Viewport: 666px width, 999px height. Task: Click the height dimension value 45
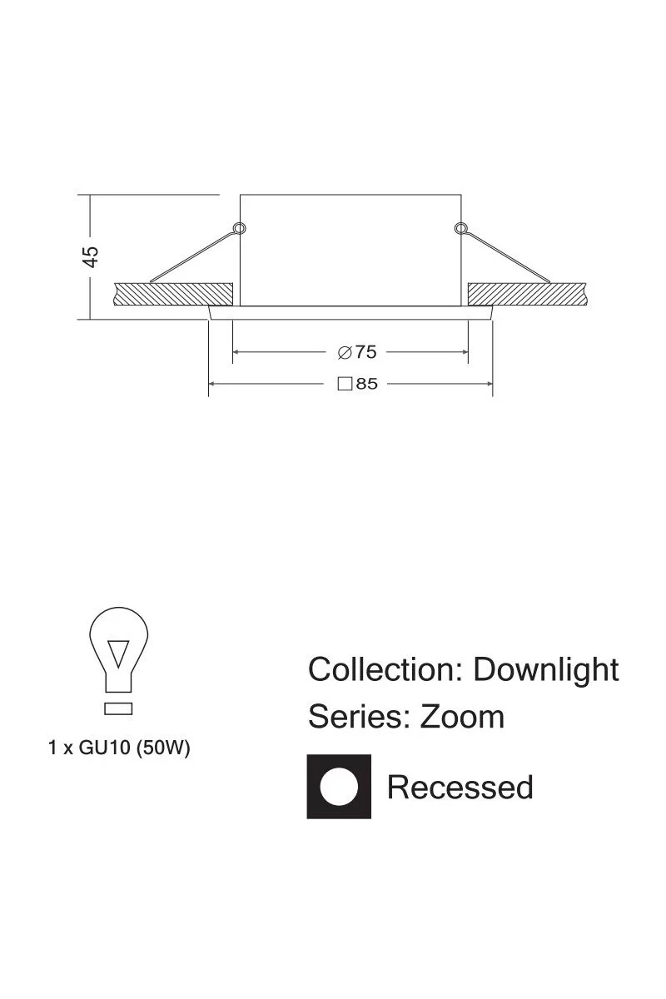click(91, 256)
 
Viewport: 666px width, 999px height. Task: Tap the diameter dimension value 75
click(365, 352)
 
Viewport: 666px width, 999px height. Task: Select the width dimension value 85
click(366, 384)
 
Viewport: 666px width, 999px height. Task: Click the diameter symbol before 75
click(345, 352)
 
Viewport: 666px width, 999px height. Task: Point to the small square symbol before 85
click(345, 384)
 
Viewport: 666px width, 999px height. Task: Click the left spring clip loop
click(240, 228)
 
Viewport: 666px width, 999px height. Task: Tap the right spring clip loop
click(460, 228)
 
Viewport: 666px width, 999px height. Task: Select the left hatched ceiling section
click(173, 294)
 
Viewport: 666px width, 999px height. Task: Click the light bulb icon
click(118, 660)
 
